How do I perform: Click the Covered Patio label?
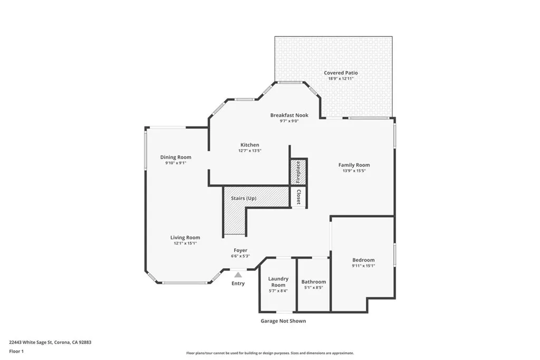[x=341, y=73]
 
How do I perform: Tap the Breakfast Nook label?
[x=289, y=115]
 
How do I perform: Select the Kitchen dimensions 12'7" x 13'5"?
[x=249, y=151]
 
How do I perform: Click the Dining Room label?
[x=176, y=157]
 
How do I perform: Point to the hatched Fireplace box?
[x=298, y=172]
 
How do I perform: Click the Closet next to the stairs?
[x=298, y=197]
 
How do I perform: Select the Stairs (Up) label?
[x=244, y=198]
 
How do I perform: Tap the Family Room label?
[x=354, y=165]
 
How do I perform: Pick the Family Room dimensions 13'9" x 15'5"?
[x=354, y=171]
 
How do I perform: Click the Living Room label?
[x=185, y=238]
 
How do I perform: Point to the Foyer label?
[x=240, y=250]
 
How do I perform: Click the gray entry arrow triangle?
[x=238, y=275]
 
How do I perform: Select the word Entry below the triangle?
[x=238, y=284]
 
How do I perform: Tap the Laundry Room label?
[x=278, y=282]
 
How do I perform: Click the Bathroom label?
[x=314, y=282]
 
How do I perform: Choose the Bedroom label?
[x=363, y=260]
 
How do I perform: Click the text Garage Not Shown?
[x=283, y=321]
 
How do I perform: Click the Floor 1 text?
[x=16, y=351]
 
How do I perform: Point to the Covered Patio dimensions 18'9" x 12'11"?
[x=341, y=79]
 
